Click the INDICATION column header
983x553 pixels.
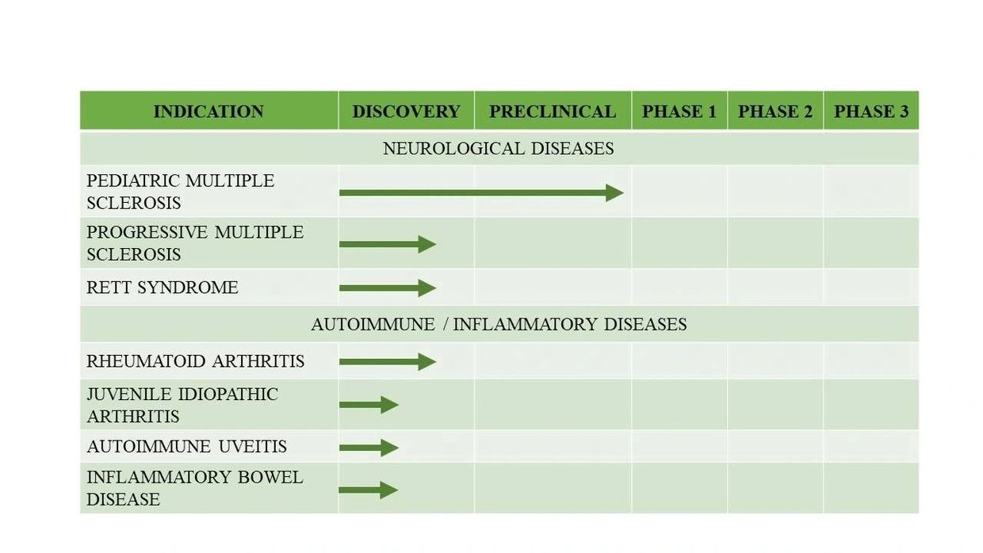click(x=208, y=112)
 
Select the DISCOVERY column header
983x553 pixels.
click(x=406, y=112)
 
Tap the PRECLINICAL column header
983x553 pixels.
click(x=553, y=112)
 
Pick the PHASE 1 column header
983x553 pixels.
click(x=679, y=112)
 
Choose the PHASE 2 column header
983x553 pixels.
click(x=775, y=112)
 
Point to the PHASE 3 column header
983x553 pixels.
click(x=871, y=112)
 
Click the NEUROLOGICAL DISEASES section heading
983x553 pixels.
click(x=498, y=149)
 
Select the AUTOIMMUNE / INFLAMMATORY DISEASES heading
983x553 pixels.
click(x=499, y=325)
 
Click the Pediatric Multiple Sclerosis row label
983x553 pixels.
click(x=181, y=192)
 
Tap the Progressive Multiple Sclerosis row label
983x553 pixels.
click(x=195, y=243)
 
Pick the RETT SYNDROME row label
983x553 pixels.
click(x=163, y=288)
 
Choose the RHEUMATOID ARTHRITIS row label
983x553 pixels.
click(x=195, y=361)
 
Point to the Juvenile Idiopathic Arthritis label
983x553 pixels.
click(x=182, y=405)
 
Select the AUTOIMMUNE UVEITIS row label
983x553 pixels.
click(x=186, y=446)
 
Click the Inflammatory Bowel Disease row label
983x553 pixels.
click(x=195, y=488)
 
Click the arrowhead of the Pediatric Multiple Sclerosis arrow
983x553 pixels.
click(x=615, y=193)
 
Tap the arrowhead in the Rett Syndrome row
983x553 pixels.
click(x=427, y=288)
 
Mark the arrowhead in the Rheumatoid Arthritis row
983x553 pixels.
click(x=427, y=362)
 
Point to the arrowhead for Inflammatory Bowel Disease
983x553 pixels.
click(x=389, y=490)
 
